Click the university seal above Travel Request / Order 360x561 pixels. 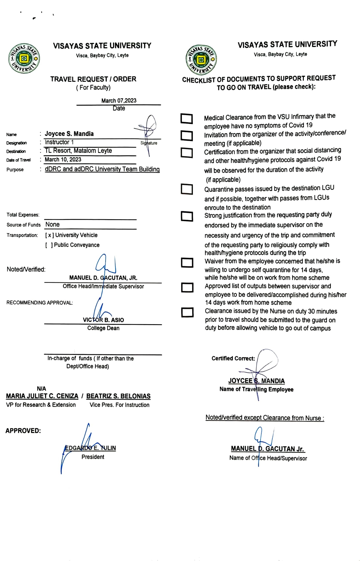tap(24, 58)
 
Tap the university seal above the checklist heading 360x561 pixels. tap(201, 60)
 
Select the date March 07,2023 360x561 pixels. tap(119, 100)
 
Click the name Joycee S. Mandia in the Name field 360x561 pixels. tap(69, 134)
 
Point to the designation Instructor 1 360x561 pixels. tap(59, 142)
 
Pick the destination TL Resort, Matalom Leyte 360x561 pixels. tap(78, 150)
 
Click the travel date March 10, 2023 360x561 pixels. tap(63, 159)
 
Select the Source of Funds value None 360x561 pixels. tap(53, 224)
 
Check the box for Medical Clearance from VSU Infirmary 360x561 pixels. tap(187, 119)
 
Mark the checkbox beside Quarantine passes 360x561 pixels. tap(187, 189)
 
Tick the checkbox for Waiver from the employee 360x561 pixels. tap(187, 262)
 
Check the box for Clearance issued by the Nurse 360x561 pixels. tap(187, 312)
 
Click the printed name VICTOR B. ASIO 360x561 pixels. tap(103, 320)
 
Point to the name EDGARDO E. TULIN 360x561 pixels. tap(91, 448)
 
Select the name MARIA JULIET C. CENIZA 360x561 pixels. tap(42, 396)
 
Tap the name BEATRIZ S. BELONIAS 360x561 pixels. tap(118, 396)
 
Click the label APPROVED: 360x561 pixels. tap(23, 431)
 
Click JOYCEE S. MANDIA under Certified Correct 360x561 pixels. tap(256, 381)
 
